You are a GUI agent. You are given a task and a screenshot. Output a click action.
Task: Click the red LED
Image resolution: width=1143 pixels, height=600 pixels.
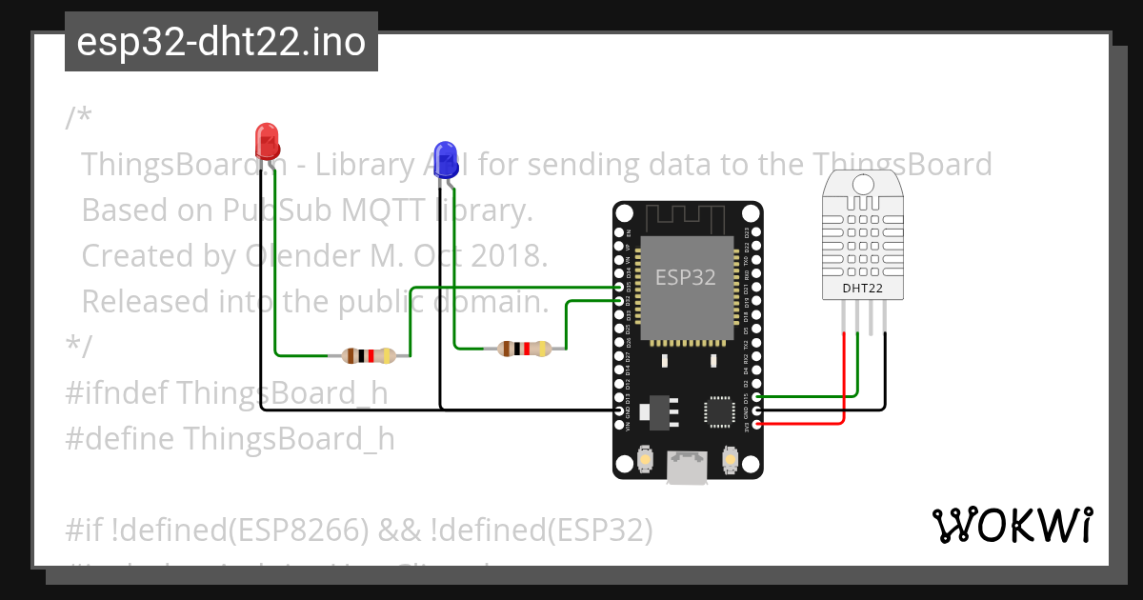click(268, 141)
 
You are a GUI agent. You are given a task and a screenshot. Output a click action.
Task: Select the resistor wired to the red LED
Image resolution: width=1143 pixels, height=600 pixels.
click(368, 356)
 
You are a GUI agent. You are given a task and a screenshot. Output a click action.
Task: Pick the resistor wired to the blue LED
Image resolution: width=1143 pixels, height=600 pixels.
click(524, 349)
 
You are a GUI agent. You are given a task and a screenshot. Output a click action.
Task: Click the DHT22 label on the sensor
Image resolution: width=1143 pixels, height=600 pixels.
click(863, 288)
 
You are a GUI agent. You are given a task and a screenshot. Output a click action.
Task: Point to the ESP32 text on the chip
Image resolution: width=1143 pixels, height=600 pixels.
click(685, 277)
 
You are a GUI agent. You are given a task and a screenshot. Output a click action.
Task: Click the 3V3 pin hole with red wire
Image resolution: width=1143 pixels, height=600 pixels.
click(757, 424)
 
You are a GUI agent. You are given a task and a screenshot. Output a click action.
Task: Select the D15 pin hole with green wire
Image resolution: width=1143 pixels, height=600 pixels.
click(757, 396)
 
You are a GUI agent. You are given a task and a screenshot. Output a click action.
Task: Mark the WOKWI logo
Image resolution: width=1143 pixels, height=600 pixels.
click(1012, 525)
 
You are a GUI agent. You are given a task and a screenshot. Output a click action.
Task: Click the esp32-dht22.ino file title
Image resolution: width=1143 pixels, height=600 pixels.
click(221, 42)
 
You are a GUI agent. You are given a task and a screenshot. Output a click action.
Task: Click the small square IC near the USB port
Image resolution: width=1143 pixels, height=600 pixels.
click(718, 410)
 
